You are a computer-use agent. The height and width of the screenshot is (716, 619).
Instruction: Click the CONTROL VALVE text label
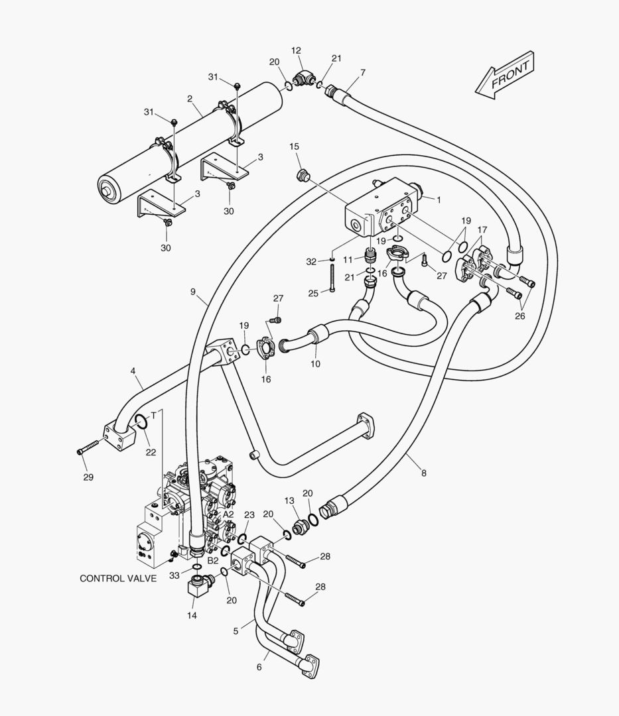point(118,578)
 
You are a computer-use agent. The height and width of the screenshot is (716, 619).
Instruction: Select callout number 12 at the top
point(296,50)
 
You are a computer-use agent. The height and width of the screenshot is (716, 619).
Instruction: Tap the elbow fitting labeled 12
point(305,80)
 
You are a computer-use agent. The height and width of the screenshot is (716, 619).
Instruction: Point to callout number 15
point(294,146)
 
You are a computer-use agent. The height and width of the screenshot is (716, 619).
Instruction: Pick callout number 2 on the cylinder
point(190,99)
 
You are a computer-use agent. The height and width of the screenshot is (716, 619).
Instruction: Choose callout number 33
point(174,575)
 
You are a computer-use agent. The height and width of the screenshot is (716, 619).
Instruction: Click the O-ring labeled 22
point(141,422)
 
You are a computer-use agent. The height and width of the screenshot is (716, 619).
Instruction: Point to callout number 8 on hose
point(423,473)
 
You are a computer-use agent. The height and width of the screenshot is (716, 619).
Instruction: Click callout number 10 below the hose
point(316,364)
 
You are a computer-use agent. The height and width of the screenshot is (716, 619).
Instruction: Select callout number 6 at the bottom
point(259,667)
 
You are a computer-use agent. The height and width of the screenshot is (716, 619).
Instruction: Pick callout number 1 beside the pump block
point(438,198)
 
